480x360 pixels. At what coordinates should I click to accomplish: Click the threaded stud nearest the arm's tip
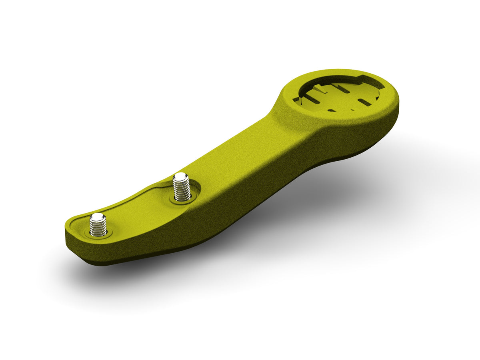(x=98, y=226)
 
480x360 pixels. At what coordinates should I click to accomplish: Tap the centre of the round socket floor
(x=340, y=96)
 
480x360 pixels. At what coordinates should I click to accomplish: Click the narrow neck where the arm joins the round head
(x=276, y=120)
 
